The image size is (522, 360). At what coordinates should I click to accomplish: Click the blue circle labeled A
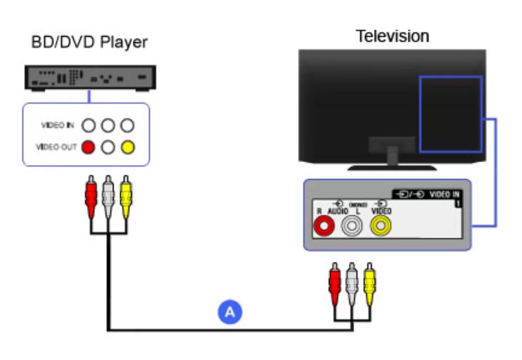[x=229, y=312]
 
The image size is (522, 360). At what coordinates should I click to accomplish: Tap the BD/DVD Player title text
[x=90, y=42]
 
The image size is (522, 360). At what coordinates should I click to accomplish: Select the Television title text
[x=392, y=36]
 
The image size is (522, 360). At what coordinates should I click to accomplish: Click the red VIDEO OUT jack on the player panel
[x=88, y=147]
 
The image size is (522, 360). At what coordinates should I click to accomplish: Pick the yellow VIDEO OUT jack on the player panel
[x=128, y=147]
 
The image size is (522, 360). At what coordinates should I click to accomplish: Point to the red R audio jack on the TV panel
[x=324, y=227]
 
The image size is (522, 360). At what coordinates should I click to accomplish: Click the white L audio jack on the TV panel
[x=352, y=227]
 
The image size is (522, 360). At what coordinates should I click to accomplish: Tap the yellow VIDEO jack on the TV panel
[x=380, y=227]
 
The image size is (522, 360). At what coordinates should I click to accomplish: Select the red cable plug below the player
[x=90, y=196]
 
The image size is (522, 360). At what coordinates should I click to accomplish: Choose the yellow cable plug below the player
[x=126, y=196]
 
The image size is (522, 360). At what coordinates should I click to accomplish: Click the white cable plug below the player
[x=108, y=196]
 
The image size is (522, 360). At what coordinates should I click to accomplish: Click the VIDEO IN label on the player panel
[x=58, y=125]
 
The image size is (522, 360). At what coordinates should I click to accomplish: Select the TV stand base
[x=392, y=167]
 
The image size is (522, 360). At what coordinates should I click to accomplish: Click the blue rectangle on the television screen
[x=451, y=114]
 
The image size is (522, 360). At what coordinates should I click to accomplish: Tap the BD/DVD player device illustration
[x=90, y=77]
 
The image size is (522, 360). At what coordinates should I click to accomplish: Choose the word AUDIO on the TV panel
[x=338, y=211]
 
